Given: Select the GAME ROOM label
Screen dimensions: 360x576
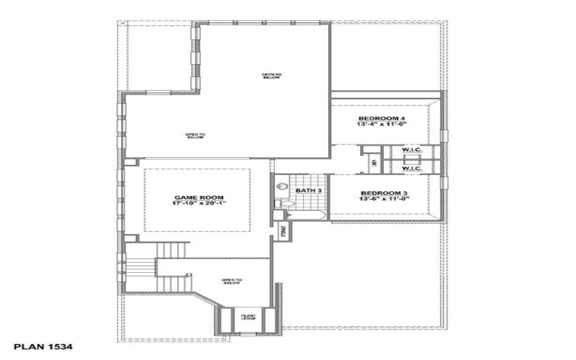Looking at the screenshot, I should pos(199,197).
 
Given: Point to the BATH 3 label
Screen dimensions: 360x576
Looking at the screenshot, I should pos(309,191).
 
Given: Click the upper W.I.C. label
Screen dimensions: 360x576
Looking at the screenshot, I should pos(411,150).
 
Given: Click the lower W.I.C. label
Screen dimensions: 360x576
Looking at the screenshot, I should pos(411,169).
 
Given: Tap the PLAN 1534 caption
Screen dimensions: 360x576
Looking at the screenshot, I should pos(44,347).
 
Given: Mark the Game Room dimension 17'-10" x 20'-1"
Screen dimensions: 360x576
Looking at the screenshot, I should pos(199,204).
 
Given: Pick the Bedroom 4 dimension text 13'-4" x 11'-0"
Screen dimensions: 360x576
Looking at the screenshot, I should pos(382,125).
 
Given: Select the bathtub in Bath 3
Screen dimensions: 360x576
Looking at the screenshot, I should pos(307,215).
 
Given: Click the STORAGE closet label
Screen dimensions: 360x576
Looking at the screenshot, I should pos(284,233).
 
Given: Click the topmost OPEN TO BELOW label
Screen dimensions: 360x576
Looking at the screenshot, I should pos(271,76).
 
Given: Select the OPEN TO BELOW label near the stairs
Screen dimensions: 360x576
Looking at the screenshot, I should pos(231,281).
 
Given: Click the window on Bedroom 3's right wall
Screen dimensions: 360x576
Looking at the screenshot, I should pos(444,183).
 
